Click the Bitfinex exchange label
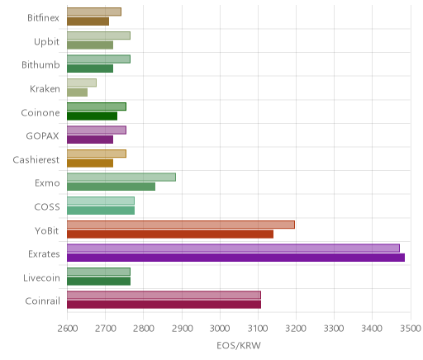pyautogui.click(x=43, y=18)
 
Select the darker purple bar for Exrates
pyautogui.click(x=235, y=258)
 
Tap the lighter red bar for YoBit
pyautogui.click(x=181, y=225)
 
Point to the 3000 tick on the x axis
pyautogui.click(x=220, y=329)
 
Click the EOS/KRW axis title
pyautogui.click(x=239, y=345)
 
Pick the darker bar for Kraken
pyautogui.click(x=77, y=92)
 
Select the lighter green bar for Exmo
pyautogui.click(x=121, y=178)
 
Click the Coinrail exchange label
pyautogui.click(x=42, y=301)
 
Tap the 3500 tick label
pyautogui.click(x=411, y=329)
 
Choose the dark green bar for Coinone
pyautogui.click(x=92, y=116)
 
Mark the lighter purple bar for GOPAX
pyautogui.click(x=97, y=130)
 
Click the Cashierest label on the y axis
pyautogui.click(x=36, y=159)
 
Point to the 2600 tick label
pyautogui.click(x=68, y=329)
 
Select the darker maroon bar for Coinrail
pyautogui.click(x=164, y=305)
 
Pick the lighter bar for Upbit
pyautogui.click(x=98, y=36)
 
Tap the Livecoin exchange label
pyautogui.click(x=41, y=277)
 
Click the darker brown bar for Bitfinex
pyautogui.click(x=88, y=21)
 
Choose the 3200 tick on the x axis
pyautogui.click(x=296, y=329)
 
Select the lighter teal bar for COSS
pyautogui.click(x=101, y=201)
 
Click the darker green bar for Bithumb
pyautogui.click(x=90, y=69)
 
